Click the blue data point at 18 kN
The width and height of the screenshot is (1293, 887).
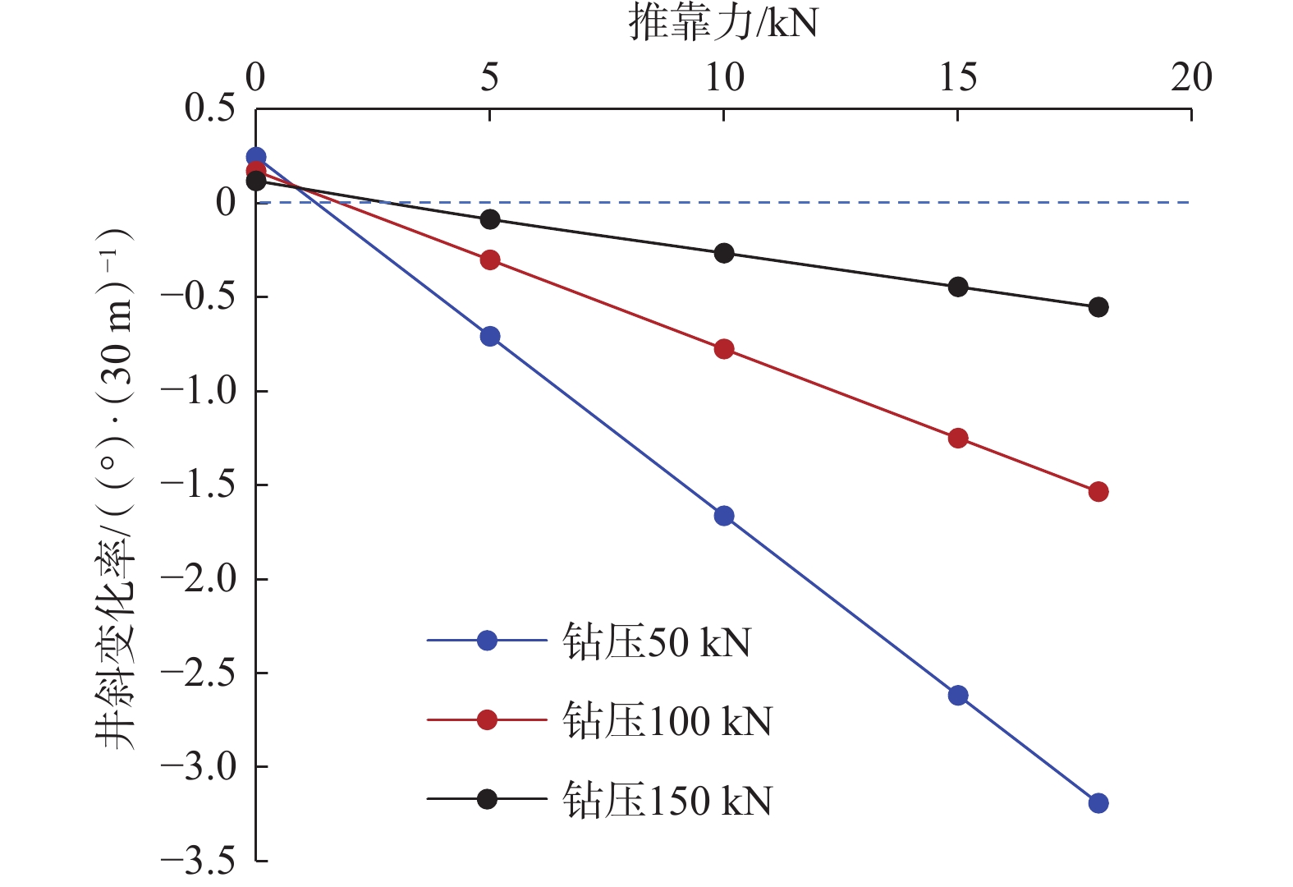coord(1098,803)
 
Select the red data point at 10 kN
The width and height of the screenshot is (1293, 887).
coord(723,349)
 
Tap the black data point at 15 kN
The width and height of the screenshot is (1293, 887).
coord(957,287)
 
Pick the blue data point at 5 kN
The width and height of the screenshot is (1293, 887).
coord(490,336)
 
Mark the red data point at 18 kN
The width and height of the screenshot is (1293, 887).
coord(1098,492)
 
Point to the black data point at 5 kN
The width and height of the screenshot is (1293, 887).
coord(490,219)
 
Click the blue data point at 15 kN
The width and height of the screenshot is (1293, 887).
coord(957,696)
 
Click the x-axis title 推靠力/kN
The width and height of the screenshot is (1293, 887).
coord(723,22)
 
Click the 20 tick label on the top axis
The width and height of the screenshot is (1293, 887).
coord(1191,78)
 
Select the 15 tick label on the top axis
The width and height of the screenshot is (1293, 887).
coord(957,78)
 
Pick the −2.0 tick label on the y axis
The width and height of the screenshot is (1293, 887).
coord(197,579)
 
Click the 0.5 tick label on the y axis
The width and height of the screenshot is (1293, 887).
coord(209,108)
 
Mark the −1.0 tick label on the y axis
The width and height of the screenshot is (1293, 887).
coord(197,391)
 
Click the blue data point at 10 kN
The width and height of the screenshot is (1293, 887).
coord(723,516)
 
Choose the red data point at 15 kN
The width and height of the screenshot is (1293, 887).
coord(957,438)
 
